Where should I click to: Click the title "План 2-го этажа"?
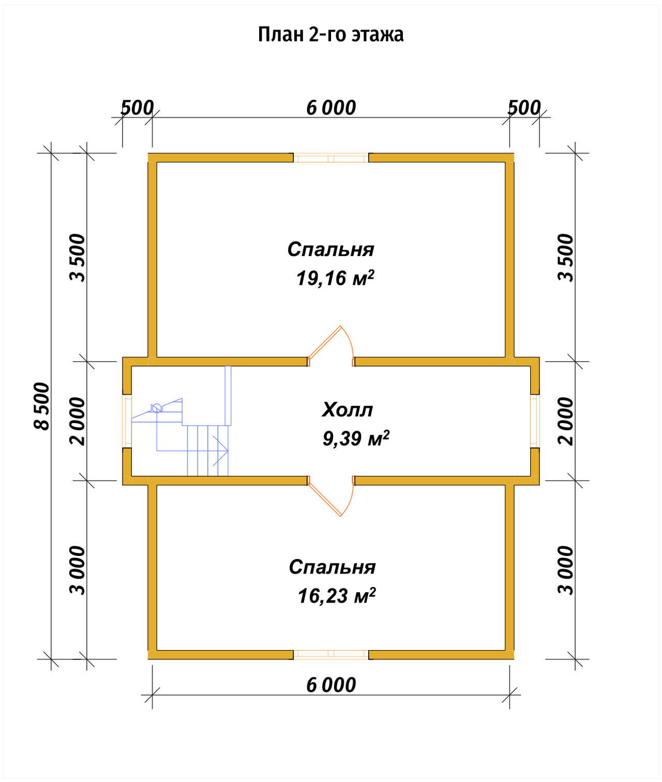click(330, 35)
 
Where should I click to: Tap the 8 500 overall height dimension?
click(42, 406)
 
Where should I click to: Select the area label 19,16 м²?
click(335, 278)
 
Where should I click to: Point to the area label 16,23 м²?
click(337, 596)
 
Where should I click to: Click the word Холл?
click(347, 410)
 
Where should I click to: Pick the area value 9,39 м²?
click(356, 439)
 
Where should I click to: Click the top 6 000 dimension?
click(331, 108)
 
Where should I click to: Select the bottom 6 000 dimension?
click(331, 685)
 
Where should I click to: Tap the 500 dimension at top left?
click(137, 108)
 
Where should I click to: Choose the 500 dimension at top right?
click(524, 108)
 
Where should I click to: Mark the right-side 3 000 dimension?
click(566, 570)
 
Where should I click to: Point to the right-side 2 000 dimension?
click(566, 421)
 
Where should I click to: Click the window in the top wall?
click(331, 158)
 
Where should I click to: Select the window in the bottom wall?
click(331, 655)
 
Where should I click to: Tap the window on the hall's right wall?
click(535, 421)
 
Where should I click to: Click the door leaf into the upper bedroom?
click(325, 342)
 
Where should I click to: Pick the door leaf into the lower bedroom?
click(325, 500)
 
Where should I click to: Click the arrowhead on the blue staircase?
click(220, 450)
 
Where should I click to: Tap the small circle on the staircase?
click(157, 408)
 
